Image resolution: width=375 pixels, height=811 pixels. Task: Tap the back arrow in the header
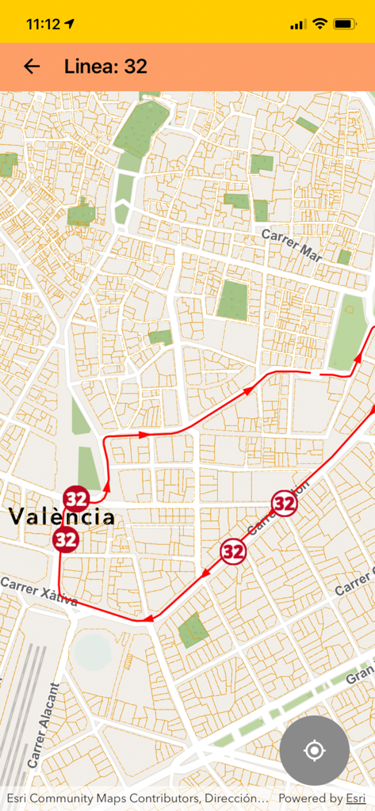pyautogui.click(x=32, y=67)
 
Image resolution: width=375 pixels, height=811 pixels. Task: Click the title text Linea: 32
pyautogui.click(x=105, y=67)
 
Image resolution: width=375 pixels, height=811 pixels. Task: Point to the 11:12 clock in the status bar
pyautogui.click(x=43, y=24)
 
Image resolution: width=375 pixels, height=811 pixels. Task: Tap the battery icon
pyautogui.click(x=345, y=24)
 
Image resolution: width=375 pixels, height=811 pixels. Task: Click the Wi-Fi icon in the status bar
pyautogui.click(x=320, y=24)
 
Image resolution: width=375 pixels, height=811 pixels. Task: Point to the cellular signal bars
pyautogui.click(x=298, y=25)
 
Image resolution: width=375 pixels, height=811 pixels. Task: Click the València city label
pyautogui.click(x=62, y=518)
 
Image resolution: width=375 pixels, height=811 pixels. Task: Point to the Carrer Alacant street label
pyautogui.click(x=43, y=725)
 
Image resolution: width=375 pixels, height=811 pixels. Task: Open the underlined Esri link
pyautogui.click(x=354, y=798)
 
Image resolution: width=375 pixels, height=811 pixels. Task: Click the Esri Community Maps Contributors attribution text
pyautogui.click(x=135, y=798)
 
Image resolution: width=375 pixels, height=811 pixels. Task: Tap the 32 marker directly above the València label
pyautogui.click(x=76, y=499)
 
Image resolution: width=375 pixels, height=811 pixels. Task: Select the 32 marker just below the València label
pyautogui.click(x=66, y=539)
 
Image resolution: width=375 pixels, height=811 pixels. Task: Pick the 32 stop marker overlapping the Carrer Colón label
pyautogui.click(x=284, y=502)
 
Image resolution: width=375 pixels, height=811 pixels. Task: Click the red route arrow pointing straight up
pyautogui.click(x=106, y=474)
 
